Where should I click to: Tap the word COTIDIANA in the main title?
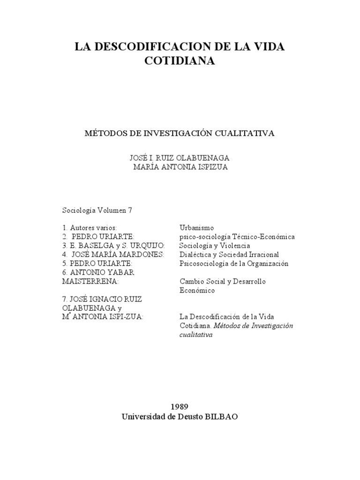pos(180,61)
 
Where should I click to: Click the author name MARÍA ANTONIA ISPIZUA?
pos(180,167)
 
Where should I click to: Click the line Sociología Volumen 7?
pos(97,210)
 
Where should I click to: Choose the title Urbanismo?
pos(196,228)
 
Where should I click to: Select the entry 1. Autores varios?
pos(90,228)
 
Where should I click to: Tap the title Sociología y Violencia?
pos(215,246)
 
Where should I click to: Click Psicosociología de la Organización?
pos(234,263)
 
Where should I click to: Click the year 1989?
pos(180,406)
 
